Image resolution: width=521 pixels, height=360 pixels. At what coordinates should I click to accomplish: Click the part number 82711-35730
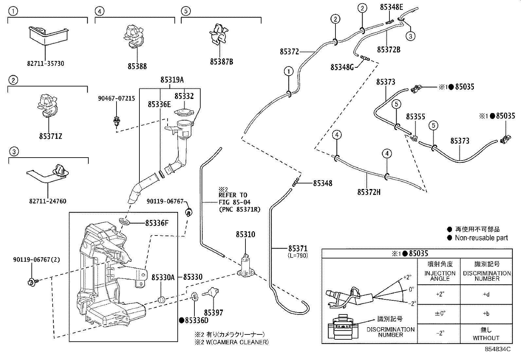[x=45, y=64]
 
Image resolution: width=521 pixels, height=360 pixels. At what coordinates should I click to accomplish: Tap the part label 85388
[x=137, y=66]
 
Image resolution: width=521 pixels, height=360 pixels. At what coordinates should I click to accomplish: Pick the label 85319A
[x=172, y=80]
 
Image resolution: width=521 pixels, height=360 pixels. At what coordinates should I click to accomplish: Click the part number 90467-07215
[x=116, y=98]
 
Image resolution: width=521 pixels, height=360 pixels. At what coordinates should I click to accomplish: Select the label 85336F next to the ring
[x=157, y=223]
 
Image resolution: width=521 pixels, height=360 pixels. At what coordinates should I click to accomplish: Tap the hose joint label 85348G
[x=342, y=67]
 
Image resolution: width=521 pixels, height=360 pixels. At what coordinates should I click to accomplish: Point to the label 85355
[x=416, y=117]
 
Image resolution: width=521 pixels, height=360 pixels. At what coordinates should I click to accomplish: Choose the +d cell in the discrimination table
[x=486, y=294]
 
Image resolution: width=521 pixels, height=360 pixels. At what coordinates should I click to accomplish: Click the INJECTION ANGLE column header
[x=440, y=276]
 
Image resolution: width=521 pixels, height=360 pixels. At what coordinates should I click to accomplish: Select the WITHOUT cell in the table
[x=486, y=338]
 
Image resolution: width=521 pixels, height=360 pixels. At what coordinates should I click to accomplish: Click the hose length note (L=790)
[x=298, y=256]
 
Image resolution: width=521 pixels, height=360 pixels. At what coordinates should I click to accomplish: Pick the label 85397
[x=213, y=313]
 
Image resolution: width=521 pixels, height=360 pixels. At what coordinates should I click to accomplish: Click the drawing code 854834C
[x=497, y=350]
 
